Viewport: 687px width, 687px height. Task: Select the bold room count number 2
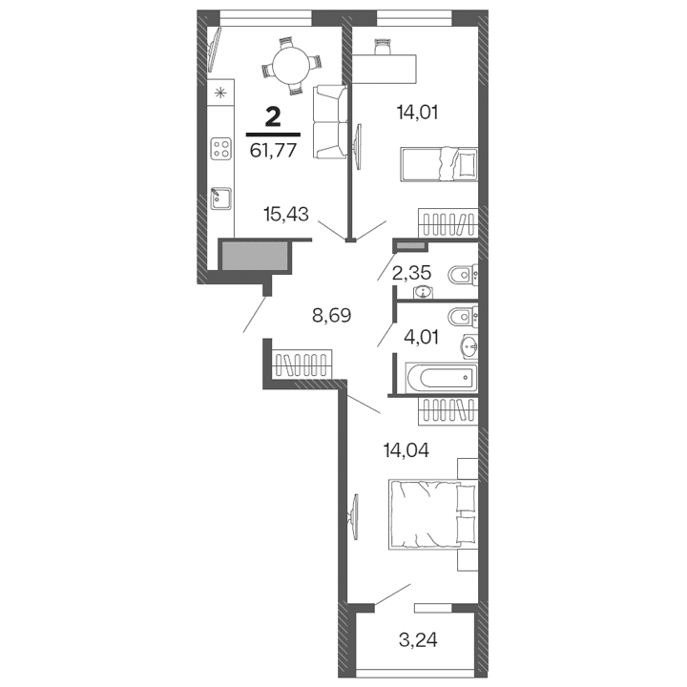point(273,117)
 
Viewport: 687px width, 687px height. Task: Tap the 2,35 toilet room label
point(413,272)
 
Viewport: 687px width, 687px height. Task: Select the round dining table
point(289,64)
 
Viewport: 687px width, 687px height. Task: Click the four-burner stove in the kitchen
point(221,150)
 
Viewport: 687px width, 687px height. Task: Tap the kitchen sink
point(220,198)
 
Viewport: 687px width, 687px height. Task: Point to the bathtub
point(440,376)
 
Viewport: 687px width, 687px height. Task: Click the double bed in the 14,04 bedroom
point(431,515)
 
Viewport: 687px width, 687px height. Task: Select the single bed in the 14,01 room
point(438,163)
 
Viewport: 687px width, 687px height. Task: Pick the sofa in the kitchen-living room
point(328,121)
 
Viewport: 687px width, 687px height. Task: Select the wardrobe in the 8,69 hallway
point(302,365)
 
